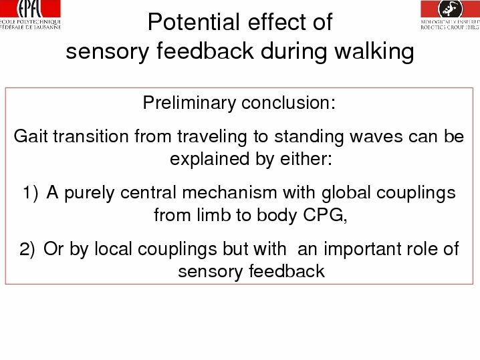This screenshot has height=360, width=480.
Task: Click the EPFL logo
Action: (x=30, y=15)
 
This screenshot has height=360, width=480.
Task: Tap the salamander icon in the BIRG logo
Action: (x=451, y=8)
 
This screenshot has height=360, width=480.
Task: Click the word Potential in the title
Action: (x=193, y=22)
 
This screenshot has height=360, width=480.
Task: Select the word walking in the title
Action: (x=374, y=51)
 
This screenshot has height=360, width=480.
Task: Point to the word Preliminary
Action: (x=189, y=103)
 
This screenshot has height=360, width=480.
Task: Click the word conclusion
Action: (x=288, y=103)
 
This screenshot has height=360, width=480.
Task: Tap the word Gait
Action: (x=31, y=136)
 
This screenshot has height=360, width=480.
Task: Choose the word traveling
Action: (x=212, y=137)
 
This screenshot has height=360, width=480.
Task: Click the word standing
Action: (x=309, y=137)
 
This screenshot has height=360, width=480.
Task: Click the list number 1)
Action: (x=31, y=193)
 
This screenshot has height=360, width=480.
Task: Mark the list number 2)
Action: (x=27, y=249)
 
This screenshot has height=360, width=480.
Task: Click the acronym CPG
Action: (x=325, y=215)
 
